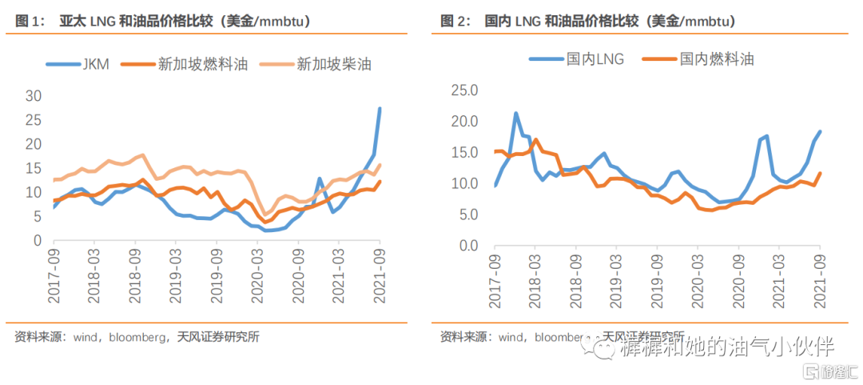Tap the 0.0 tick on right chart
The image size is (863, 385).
464,246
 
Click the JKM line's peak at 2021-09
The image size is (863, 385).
380,109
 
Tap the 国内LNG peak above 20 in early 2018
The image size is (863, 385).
516,114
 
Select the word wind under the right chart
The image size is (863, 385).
510,337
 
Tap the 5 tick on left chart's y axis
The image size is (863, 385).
37,217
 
